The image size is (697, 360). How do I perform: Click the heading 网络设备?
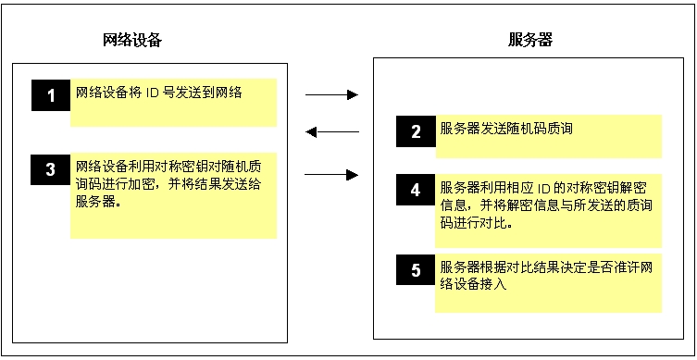[x=133, y=41]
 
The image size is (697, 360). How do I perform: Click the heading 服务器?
[x=531, y=41]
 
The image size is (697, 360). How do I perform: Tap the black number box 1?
[x=52, y=95]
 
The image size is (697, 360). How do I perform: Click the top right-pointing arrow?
[x=331, y=94]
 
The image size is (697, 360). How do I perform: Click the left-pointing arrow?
[x=331, y=132]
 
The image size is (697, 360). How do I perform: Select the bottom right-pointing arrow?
[x=331, y=173]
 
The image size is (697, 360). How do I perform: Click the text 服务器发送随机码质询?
[x=506, y=130]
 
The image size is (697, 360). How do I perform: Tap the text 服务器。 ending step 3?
[x=100, y=200]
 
